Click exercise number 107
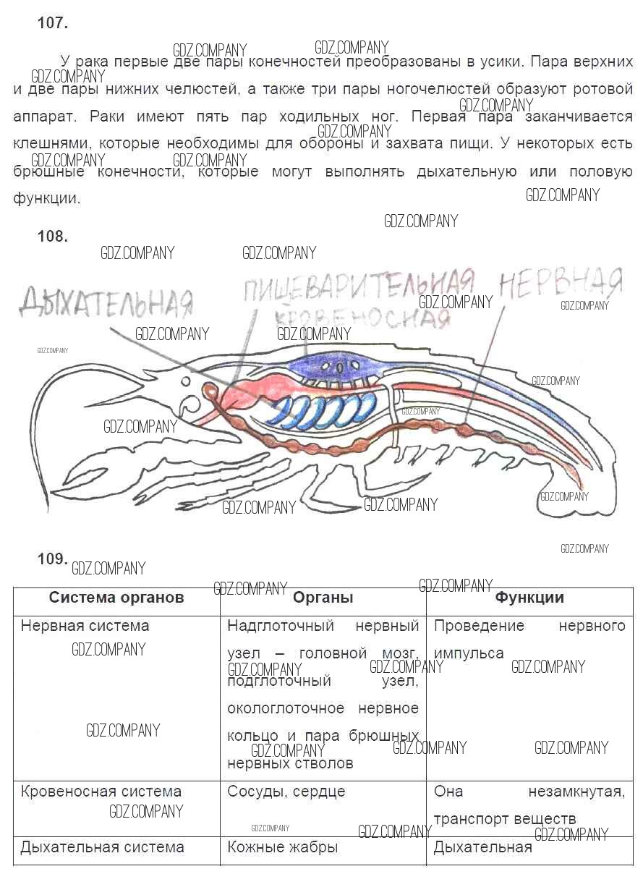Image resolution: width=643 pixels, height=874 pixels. (x=52, y=23)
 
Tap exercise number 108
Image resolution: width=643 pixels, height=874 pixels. (x=52, y=237)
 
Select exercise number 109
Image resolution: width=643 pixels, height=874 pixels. (x=52, y=559)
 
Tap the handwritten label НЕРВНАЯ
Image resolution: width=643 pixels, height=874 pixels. (x=561, y=281)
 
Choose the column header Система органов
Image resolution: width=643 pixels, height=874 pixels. (x=116, y=598)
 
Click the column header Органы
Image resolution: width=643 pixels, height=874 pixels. (x=323, y=598)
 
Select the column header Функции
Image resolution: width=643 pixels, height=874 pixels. (x=529, y=598)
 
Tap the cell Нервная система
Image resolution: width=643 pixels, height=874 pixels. (x=85, y=626)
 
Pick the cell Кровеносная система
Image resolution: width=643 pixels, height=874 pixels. (x=101, y=792)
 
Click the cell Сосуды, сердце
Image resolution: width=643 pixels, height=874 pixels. (x=286, y=792)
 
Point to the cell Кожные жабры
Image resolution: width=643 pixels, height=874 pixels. (x=282, y=847)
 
